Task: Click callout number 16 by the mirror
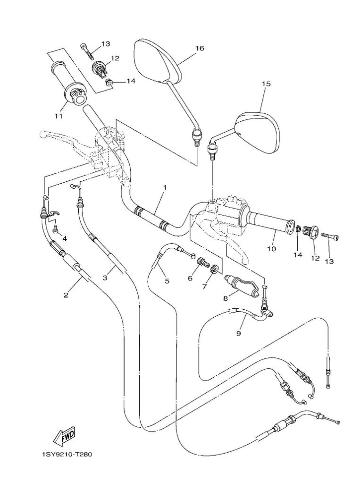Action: [200, 48]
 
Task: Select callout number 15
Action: [266, 84]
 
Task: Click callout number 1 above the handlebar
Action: [165, 187]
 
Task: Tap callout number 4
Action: [65, 238]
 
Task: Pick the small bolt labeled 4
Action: [56, 229]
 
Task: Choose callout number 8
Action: [226, 298]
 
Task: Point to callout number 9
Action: [239, 333]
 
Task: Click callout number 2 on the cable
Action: [66, 295]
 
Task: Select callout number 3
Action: [105, 279]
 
